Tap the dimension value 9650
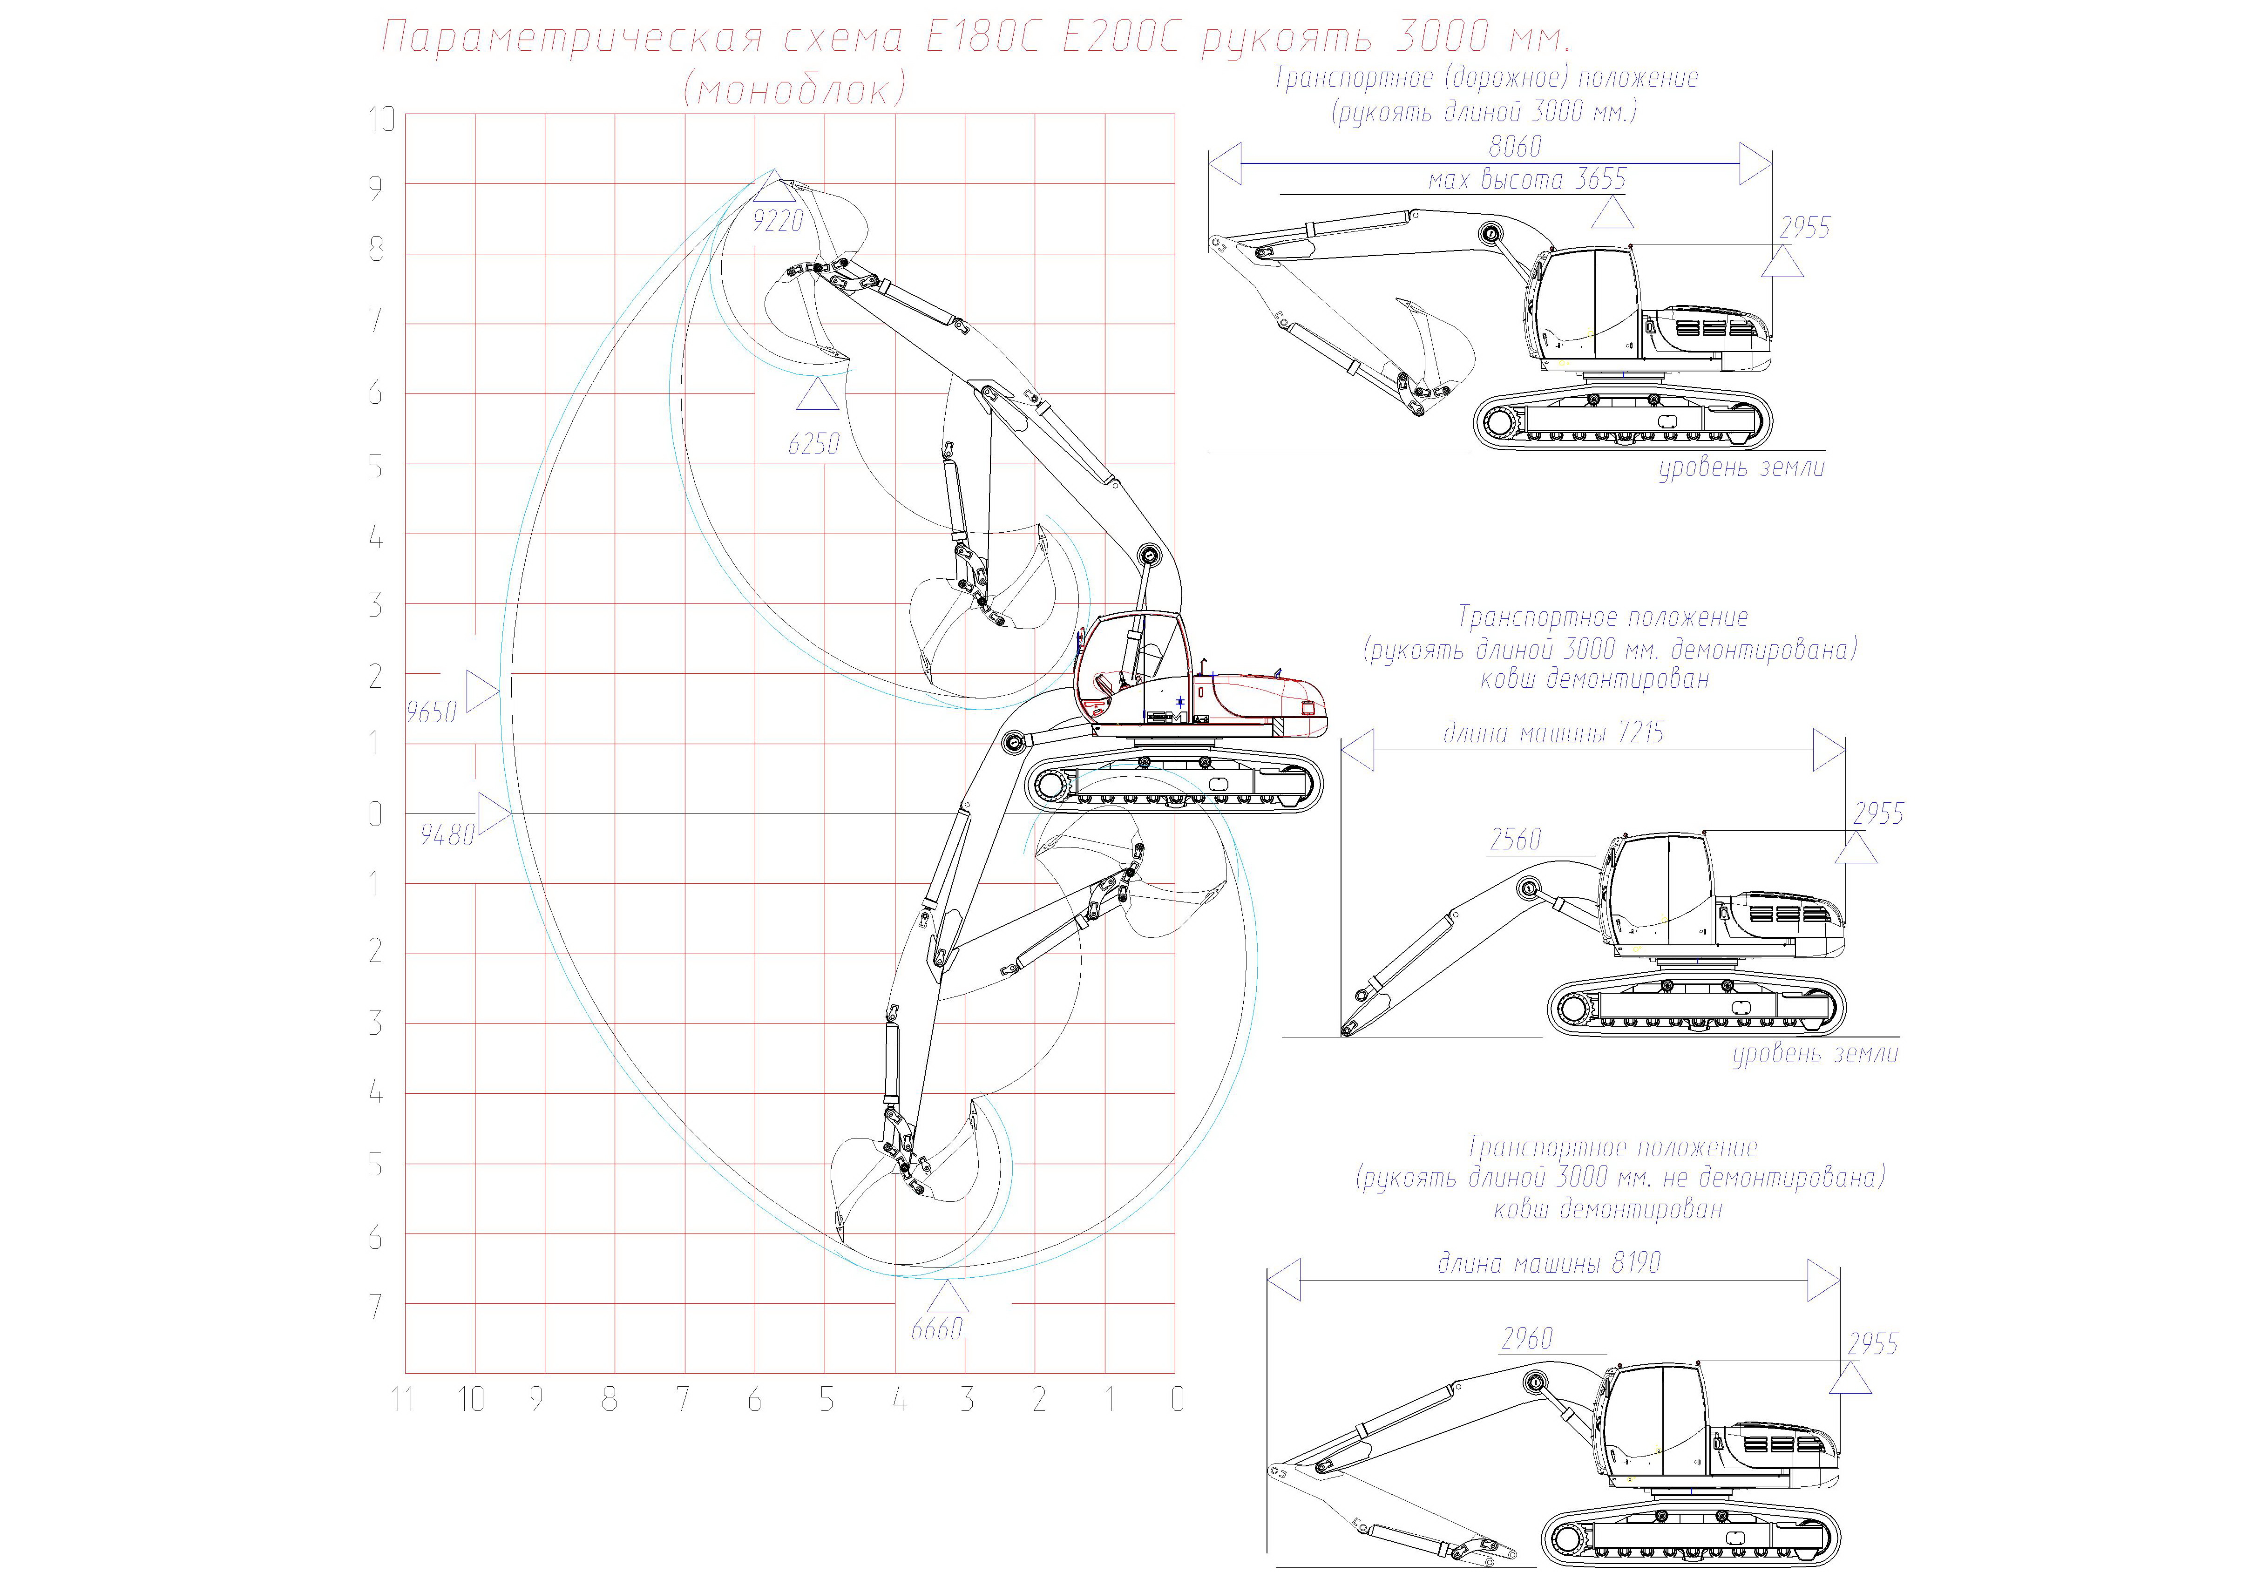431,712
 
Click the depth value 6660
936,1329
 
